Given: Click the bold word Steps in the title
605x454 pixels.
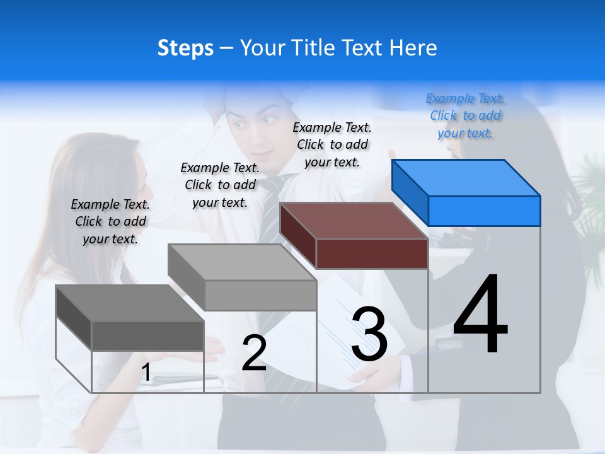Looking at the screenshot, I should (x=185, y=48).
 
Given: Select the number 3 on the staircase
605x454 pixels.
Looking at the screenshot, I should (x=369, y=335).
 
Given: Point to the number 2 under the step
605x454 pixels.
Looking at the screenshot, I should (x=254, y=354).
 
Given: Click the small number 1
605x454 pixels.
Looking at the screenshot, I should (x=146, y=373).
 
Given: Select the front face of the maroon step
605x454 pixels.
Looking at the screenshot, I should (x=372, y=254).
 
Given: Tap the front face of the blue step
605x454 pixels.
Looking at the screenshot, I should (x=484, y=211).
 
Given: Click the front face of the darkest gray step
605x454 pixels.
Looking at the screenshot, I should (x=147, y=335).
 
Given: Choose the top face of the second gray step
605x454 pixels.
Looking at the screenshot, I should (x=242, y=262).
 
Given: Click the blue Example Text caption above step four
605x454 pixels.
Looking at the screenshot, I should (x=465, y=115).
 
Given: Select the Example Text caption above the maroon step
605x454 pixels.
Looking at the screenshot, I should (x=332, y=144).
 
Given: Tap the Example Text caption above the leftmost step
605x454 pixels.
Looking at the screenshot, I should (x=110, y=221).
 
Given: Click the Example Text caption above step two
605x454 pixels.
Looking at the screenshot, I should (x=220, y=185).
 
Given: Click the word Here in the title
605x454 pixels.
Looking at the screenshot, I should (x=413, y=48).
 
